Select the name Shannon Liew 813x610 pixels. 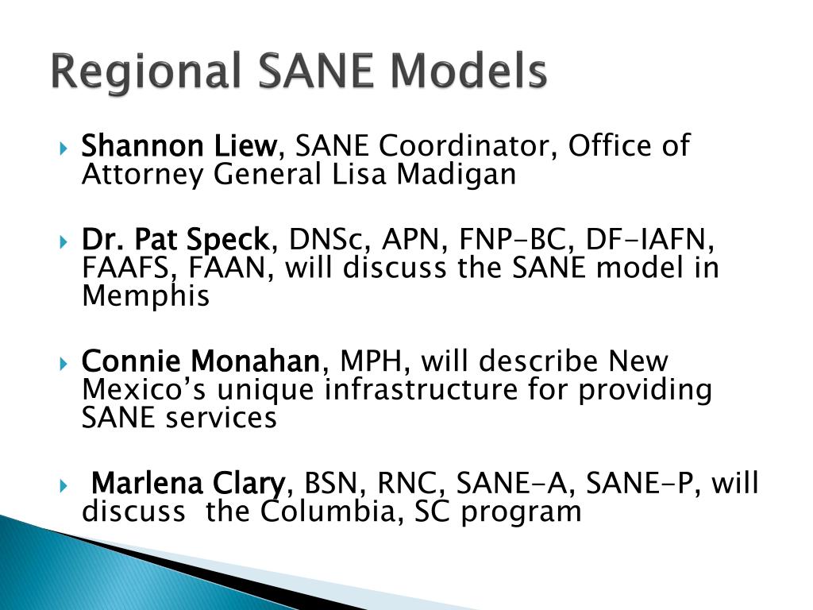click(178, 146)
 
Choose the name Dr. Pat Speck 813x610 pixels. click(175, 239)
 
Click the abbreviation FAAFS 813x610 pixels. click(131, 268)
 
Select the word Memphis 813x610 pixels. click(146, 296)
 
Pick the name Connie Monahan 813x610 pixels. click(200, 361)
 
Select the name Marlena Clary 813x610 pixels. click(188, 482)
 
